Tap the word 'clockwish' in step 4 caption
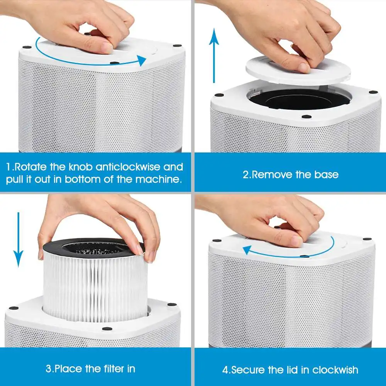tap(335, 370)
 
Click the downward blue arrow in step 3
tap(18, 239)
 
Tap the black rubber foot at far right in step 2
tap(373, 92)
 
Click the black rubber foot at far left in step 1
tap(27, 47)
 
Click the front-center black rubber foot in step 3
tap(107, 329)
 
